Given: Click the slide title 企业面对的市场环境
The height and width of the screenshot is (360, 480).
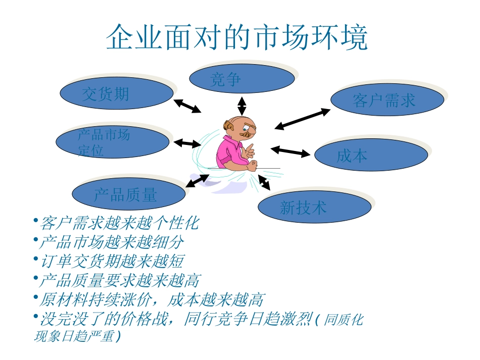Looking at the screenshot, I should (x=237, y=37).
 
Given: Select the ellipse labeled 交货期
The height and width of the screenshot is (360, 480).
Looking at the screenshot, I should (x=117, y=93).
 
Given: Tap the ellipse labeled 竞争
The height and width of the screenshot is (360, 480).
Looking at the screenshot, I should (x=242, y=79).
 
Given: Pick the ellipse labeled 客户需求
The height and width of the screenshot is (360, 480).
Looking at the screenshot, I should (x=387, y=100).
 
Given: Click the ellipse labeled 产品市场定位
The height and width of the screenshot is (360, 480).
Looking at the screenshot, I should (x=112, y=142).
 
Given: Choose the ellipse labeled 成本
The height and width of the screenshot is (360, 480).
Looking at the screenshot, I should (x=371, y=155).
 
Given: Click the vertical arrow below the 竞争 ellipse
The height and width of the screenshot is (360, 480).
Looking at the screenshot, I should (x=242, y=106).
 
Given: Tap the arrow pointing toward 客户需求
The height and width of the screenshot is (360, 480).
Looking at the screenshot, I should (x=302, y=119).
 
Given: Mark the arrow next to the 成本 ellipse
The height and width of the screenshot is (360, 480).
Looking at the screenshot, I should (x=290, y=151).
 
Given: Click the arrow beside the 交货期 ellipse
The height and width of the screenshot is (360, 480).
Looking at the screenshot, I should (x=187, y=106).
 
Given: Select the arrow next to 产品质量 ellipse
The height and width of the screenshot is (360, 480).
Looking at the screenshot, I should (x=197, y=180).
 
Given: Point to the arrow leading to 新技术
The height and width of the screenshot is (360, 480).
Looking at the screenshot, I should (x=264, y=182).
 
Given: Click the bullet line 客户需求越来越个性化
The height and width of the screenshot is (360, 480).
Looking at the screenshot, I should (x=118, y=223).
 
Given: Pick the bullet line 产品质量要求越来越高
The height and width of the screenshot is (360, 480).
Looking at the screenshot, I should (x=118, y=280).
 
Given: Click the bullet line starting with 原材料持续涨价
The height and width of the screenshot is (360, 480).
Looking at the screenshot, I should (x=150, y=300).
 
